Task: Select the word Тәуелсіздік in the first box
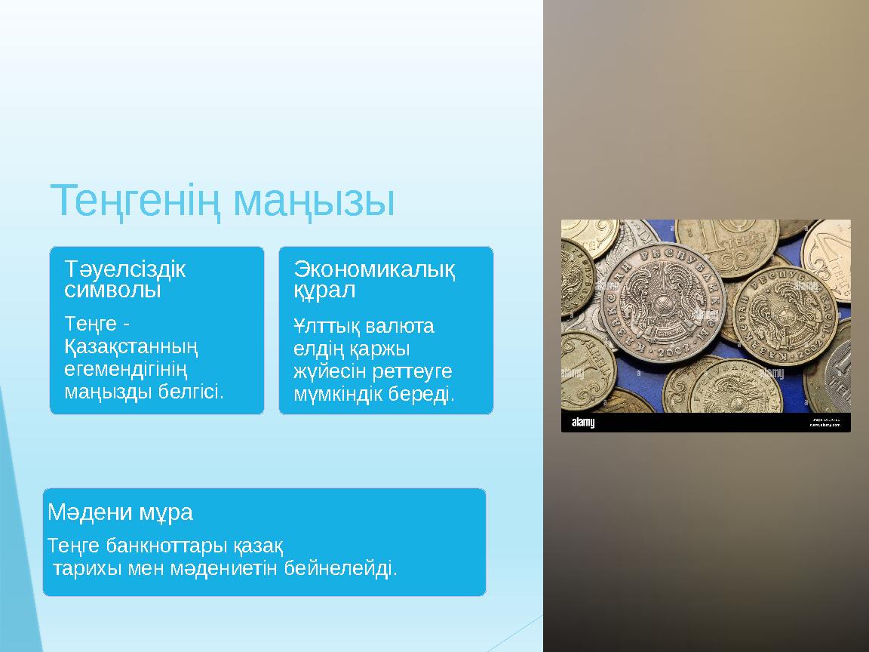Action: pyautogui.click(x=125, y=269)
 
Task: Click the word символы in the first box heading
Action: pyautogui.click(x=113, y=290)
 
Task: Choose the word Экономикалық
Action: pyautogui.click(x=374, y=268)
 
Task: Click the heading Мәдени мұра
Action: pyautogui.click(x=120, y=513)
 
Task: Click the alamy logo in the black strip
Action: pyautogui.click(x=582, y=423)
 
